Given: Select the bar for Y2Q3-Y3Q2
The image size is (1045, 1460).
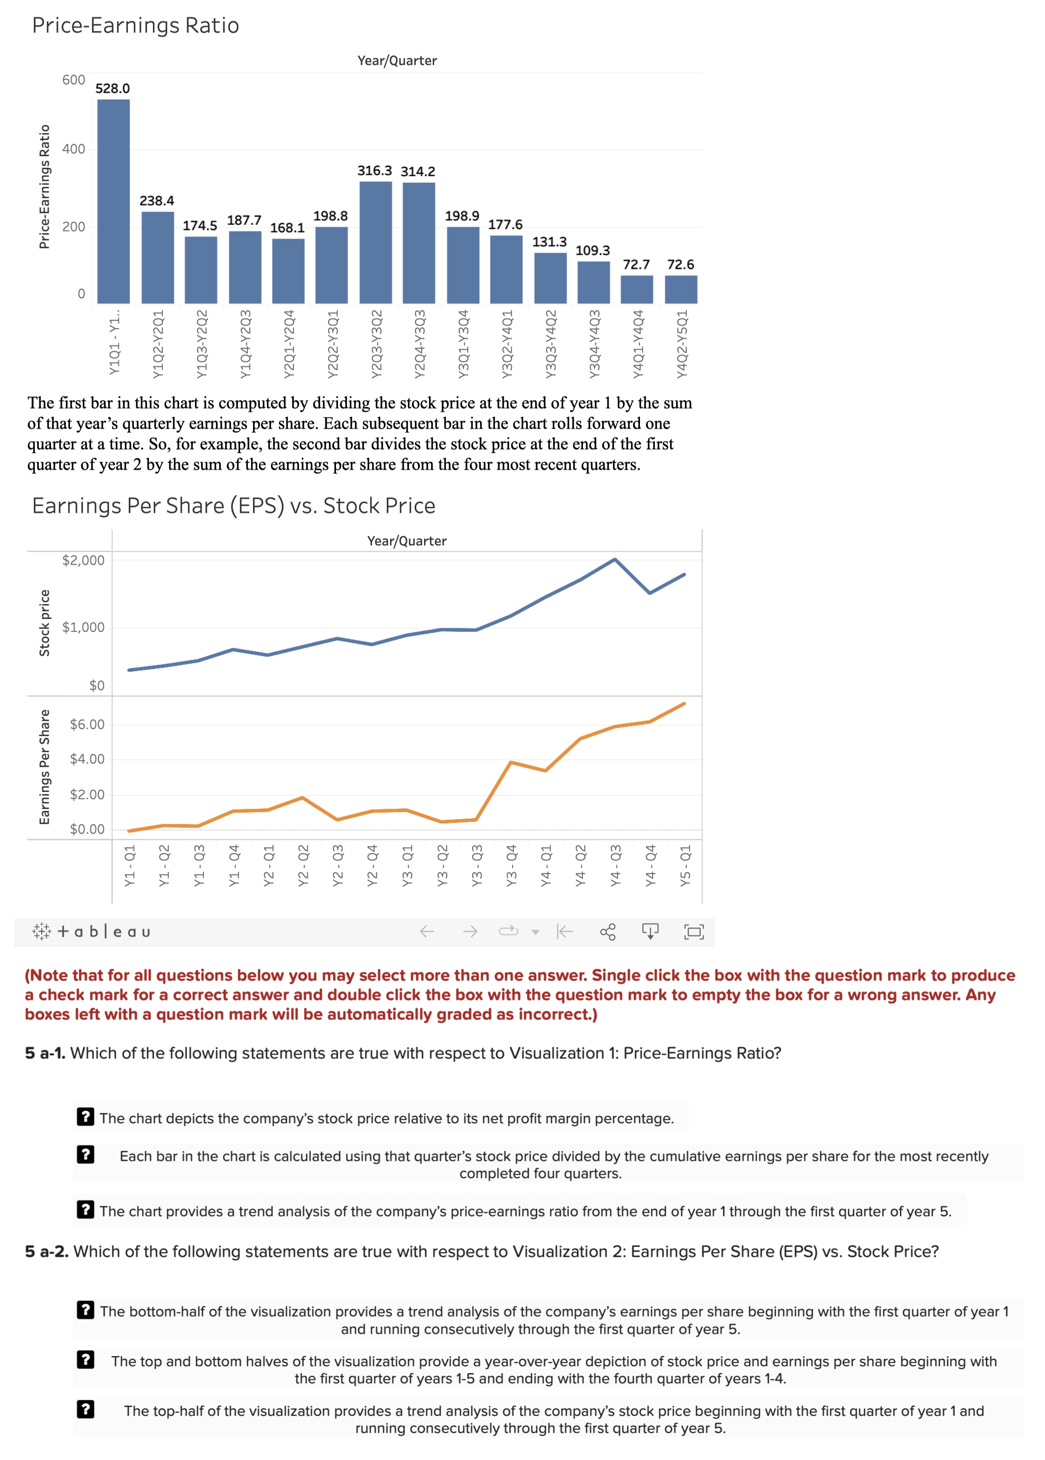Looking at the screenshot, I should tap(376, 242).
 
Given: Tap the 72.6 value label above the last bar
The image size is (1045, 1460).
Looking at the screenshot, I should tap(680, 265).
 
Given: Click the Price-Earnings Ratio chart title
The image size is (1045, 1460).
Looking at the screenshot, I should tap(136, 26).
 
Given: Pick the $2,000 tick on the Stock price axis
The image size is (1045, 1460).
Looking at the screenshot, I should tap(83, 560).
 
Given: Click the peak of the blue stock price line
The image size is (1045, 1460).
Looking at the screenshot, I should tap(615, 560).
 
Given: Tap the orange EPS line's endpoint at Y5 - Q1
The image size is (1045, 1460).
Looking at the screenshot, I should tap(684, 704).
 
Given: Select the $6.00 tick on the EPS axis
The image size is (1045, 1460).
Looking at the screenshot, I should tap(87, 725).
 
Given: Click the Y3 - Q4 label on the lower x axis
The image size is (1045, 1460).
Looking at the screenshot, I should tap(512, 866).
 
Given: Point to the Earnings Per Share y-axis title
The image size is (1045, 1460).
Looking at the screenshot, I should tap(44, 767).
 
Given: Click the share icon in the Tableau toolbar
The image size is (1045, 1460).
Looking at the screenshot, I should tap(608, 931).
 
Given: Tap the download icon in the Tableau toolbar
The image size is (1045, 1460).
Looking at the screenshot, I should tap(651, 931).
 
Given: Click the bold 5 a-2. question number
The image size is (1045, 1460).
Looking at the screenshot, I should tap(46, 1251).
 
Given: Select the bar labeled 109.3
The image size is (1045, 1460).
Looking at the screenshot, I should tap(593, 282).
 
